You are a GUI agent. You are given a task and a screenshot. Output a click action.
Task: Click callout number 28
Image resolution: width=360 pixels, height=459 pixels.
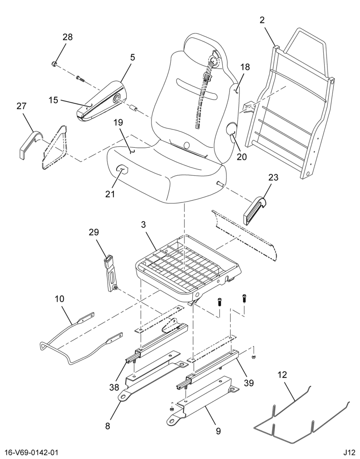pyautogui.click(x=67, y=37)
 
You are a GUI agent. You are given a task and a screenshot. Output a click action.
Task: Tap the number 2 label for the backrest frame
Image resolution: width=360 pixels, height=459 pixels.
pyautogui.click(x=262, y=20)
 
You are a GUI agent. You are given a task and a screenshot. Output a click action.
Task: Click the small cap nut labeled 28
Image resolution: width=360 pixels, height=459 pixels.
pyautogui.click(x=54, y=64)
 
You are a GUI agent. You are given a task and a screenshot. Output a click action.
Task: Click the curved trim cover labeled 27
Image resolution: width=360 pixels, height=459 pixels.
pyautogui.click(x=30, y=143)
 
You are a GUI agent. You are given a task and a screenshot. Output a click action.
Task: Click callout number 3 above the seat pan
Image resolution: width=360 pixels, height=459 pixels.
pyautogui.click(x=143, y=225)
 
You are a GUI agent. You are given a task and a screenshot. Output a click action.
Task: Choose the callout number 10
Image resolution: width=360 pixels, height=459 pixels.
pyautogui.click(x=59, y=299)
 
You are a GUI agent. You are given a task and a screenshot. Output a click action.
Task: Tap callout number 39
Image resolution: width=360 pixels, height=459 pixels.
pyautogui.click(x=249, y=383)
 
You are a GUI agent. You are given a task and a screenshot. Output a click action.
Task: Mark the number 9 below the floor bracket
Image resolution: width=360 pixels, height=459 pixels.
pyautogui.click(x=218, y=431)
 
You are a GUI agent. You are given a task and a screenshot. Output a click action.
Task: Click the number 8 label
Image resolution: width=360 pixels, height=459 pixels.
pyautogui.click(x=108, y=426)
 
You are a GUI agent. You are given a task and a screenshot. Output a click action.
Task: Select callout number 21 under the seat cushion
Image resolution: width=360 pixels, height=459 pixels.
pyautogui.click(x=110, y=194)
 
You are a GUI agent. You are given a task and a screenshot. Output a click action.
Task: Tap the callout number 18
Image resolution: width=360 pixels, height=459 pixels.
pyautogui.click(x=245, y=67)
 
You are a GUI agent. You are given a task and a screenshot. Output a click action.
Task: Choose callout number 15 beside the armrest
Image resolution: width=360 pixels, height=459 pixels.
pyautogui.click(x=53, y=100)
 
